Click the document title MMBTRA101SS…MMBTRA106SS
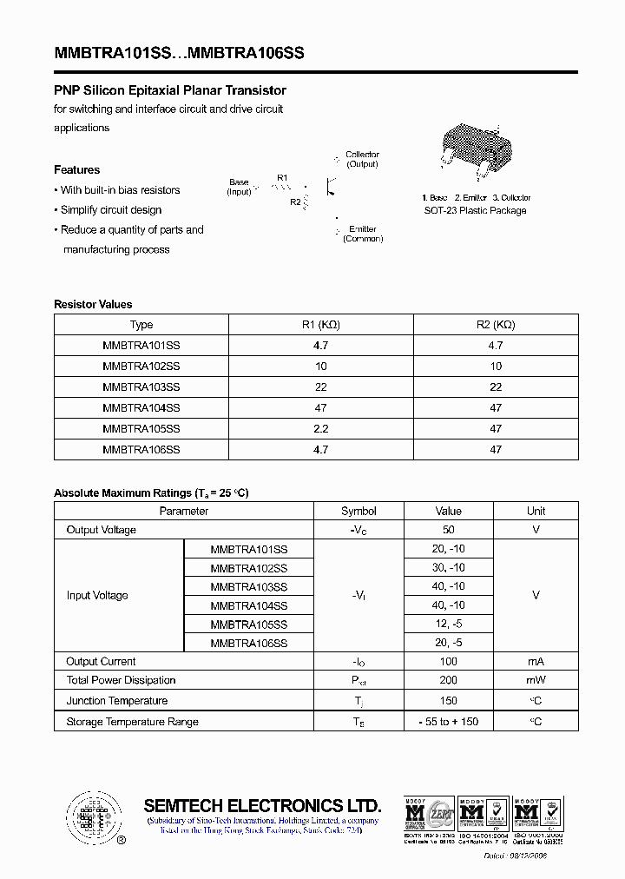coord(179,53)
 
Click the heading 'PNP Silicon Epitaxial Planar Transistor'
coord(170,90)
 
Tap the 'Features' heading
coord(76,170)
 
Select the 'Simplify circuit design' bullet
coord(110,210)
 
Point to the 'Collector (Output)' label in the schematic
coord(362,159)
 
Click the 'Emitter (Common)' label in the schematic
coord(363,234)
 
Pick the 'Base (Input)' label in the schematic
coord(239,187)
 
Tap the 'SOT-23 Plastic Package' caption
coord(475,211)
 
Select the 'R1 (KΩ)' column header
coord(320,325)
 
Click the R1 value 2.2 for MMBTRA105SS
coord(320,429)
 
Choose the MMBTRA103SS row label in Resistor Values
coord(141,387)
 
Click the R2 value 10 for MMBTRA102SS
coord(496,367)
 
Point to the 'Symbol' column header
coord(359,512)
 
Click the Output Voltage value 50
coord(449,530)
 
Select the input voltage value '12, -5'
coord(449,625)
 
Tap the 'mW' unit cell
coord(536,680)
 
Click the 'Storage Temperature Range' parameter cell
coord(132,722)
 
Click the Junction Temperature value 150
coord(449,701)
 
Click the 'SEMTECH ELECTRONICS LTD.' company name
coord(262,805)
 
